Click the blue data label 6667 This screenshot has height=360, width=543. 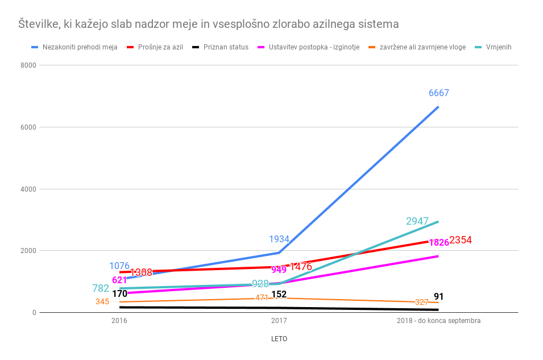(x=438, y=93)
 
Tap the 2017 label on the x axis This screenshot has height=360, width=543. (x=279, y=321)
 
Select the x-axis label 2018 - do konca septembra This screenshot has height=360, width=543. (x=438, y=321)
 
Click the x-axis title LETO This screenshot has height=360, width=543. (x=279, y=339)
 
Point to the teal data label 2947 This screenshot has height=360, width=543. (x=417, y=221)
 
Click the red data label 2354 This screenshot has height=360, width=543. (x=461, y=240)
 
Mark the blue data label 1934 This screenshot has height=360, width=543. (x=279, y=239)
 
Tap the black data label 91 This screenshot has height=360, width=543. (x=438, y=297)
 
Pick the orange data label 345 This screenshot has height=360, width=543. (x=102, y=301)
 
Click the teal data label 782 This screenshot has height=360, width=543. (x=101, y=288)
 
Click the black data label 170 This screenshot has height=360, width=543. (x=119, y=294)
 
